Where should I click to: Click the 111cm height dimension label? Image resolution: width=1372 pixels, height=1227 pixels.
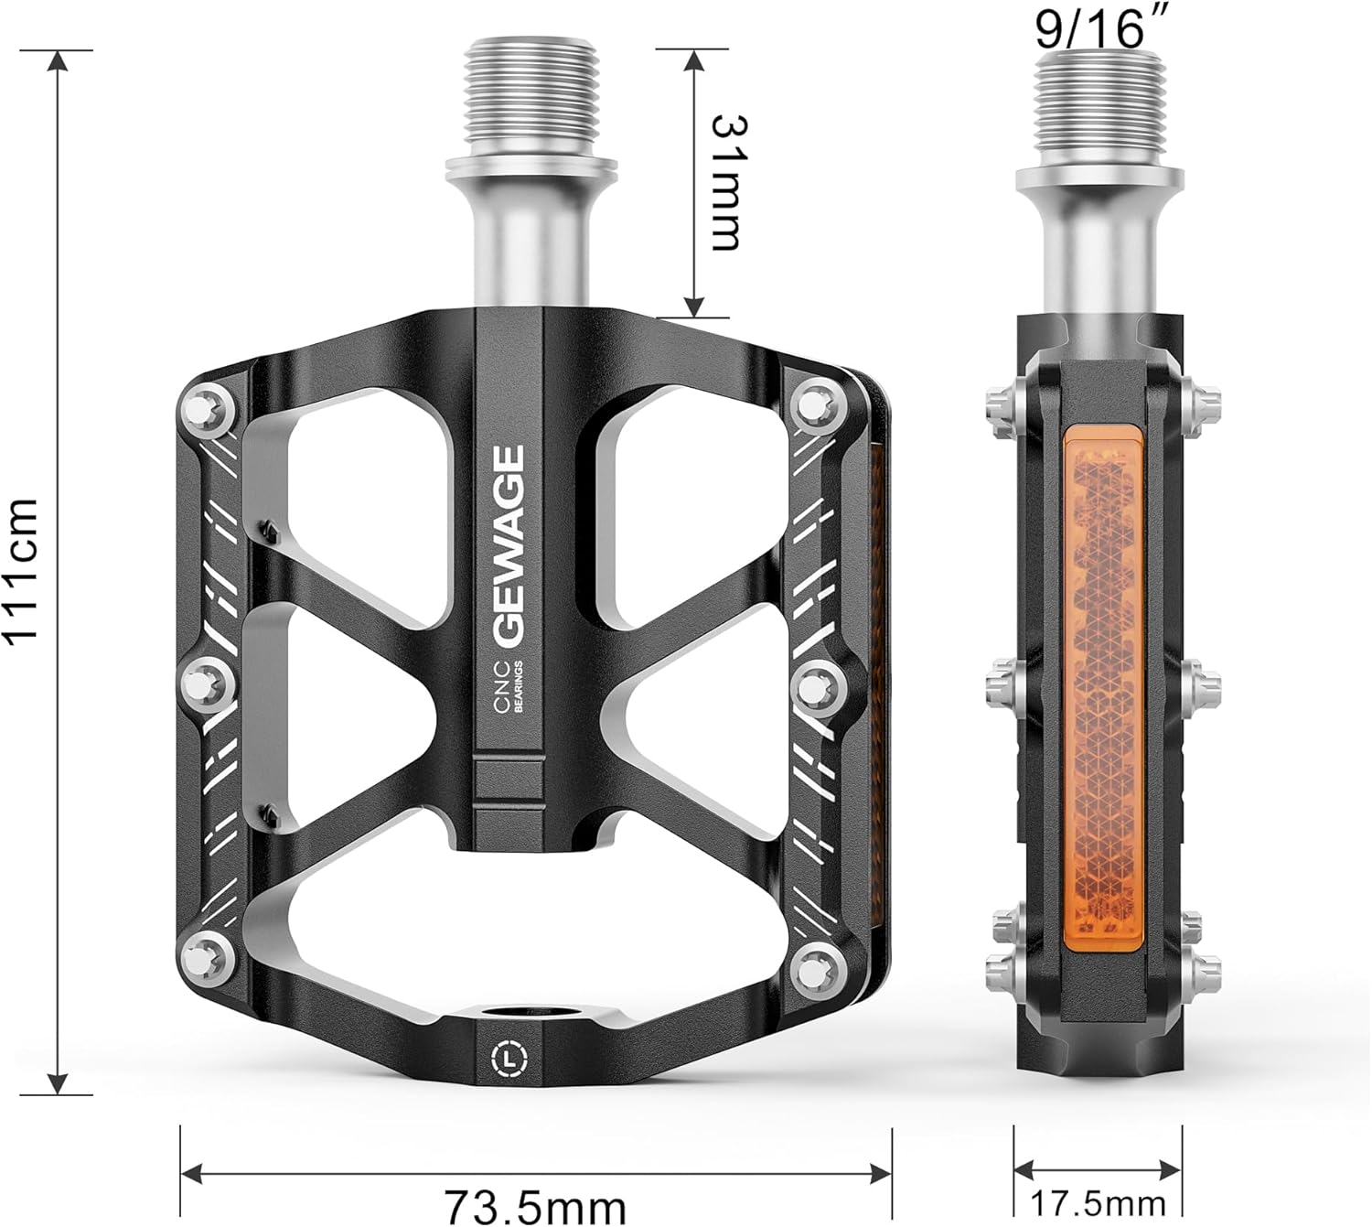[20, 570]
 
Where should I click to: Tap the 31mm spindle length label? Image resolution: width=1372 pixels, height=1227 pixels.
[727, 182]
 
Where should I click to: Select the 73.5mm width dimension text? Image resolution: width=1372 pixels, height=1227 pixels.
[535, 1205]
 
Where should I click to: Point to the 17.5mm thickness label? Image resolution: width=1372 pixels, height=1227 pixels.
[1099, 1201]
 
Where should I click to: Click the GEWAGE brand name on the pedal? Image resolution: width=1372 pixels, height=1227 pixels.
[509, 544]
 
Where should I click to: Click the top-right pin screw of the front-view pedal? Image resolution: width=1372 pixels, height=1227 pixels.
[816, 404]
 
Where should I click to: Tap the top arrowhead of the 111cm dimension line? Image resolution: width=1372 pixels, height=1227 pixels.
[58, 60]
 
